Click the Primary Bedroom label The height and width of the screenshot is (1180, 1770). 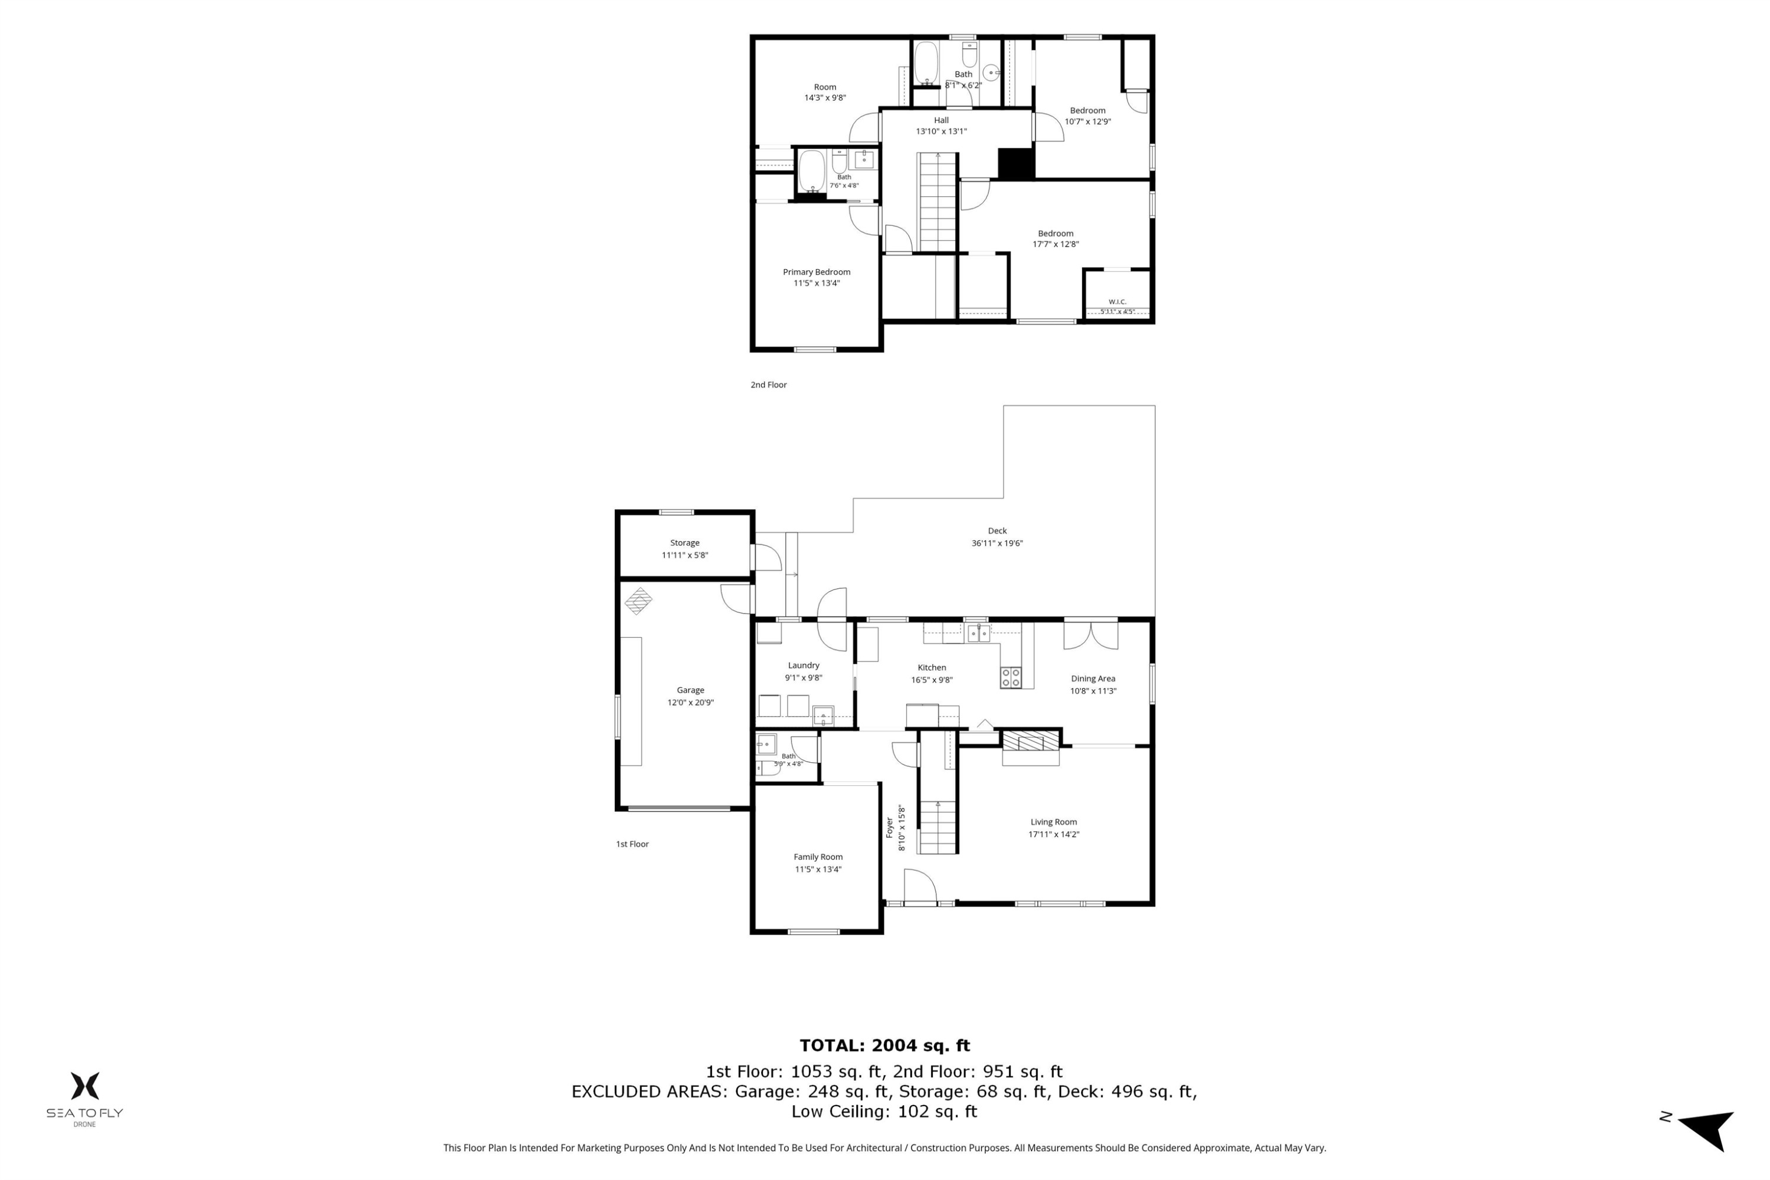pos(817,271)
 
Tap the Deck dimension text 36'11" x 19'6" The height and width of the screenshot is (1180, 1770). pos(997,543)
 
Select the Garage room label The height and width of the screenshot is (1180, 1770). pos(690,690)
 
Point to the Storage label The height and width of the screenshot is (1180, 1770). pos(685,543)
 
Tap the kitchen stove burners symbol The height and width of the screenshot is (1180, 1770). pos(1011,677)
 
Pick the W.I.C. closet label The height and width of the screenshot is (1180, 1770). pos(1117,301)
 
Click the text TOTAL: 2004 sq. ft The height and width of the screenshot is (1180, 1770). pos(884,1045)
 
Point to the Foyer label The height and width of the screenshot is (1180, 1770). pos(889,828)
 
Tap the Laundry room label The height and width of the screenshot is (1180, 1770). pos(804,666)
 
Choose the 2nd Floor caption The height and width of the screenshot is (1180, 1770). pos(768,385)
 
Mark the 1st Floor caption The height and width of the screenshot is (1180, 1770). pos(632,844)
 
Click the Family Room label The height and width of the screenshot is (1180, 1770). pos(818,857)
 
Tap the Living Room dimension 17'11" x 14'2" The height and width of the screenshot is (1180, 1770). pos(1054,834)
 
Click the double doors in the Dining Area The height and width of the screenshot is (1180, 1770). pos(1090,634)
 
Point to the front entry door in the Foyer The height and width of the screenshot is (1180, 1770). pos(920,887)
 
